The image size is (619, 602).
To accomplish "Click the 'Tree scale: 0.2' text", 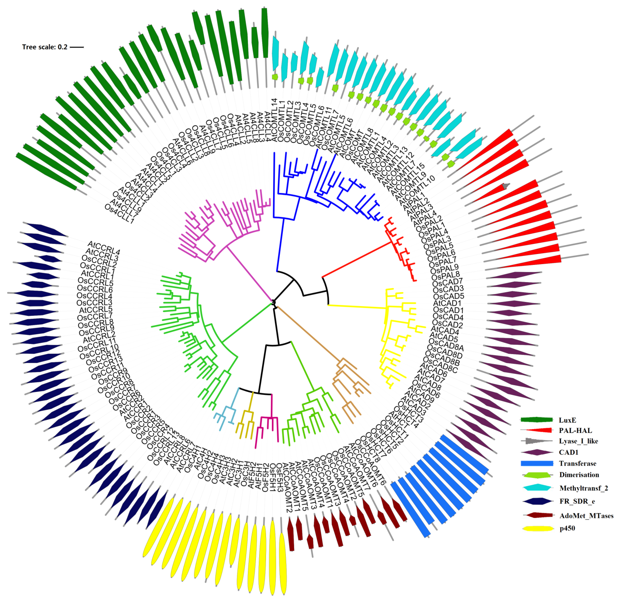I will point(45,47).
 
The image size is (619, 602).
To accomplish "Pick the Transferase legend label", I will point(577,464).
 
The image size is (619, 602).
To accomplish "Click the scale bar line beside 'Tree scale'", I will point(77,47).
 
